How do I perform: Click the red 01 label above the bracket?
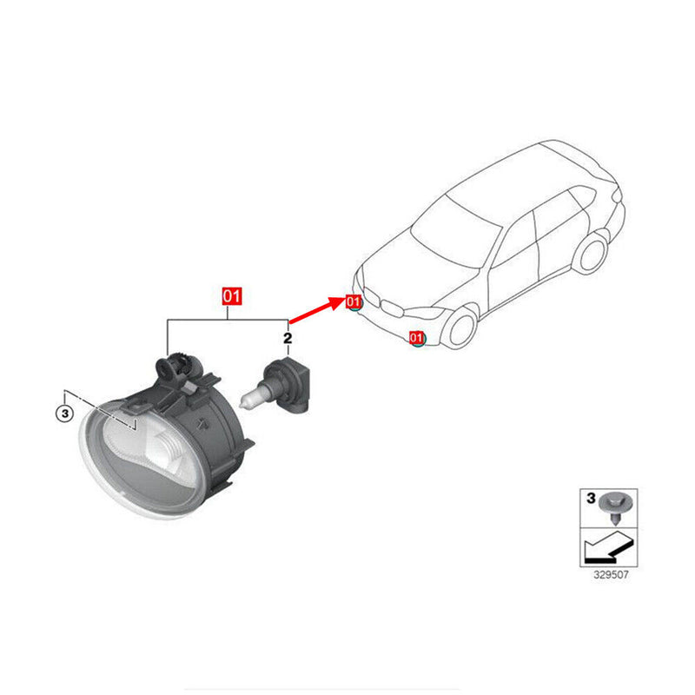click(x=231, y=295)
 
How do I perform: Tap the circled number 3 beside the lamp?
click(x=64, y=414)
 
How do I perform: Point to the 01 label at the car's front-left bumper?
click(x=353, y=301)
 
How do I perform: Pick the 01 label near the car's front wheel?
click(x=417, y=337)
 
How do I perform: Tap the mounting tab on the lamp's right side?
click(x=245, y=447)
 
